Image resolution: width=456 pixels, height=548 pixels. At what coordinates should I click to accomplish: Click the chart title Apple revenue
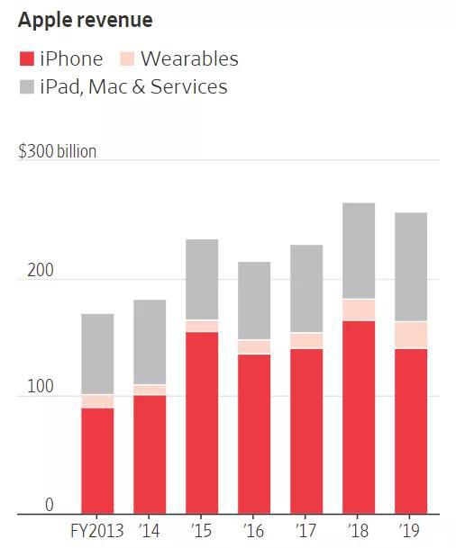[86, 20]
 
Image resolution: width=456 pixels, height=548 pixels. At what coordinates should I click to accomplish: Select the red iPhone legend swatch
[27, 58]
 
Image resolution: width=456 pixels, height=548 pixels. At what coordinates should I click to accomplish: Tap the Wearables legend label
[189, 58]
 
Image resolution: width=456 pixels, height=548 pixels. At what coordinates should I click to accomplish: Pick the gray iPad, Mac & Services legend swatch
[27, 87]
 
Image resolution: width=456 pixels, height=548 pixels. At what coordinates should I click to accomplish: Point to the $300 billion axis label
[58, 151]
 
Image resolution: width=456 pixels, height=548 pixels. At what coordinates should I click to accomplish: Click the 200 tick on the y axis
[41, 270]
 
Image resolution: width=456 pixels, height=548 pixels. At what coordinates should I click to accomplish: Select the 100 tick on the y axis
[41, 387]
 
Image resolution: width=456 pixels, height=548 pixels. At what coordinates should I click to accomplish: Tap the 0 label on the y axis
[50, 505]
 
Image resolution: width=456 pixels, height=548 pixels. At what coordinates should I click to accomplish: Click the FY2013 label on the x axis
[97, 531]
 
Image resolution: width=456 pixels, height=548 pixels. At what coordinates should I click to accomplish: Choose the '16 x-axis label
[253, 531]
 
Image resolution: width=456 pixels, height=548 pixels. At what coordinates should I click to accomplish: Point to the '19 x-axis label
[410, 531]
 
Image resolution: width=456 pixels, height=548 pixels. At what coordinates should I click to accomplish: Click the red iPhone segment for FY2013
[97, 461]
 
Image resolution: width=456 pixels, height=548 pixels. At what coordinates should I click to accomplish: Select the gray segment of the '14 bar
[150, 342]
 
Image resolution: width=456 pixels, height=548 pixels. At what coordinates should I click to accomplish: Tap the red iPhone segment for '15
[202, 423]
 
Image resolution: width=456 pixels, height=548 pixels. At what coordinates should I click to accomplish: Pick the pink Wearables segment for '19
[411, 335]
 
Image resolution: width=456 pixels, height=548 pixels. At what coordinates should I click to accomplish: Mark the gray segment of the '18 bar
[359, 250]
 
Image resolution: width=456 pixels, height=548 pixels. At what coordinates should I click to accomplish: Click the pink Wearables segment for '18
[359, 310]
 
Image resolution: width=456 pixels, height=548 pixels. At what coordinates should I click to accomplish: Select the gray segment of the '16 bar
[254, 301]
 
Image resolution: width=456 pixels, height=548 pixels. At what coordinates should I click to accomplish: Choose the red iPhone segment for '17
[306, 431]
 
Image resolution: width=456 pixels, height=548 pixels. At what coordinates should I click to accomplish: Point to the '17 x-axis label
[306, 531]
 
